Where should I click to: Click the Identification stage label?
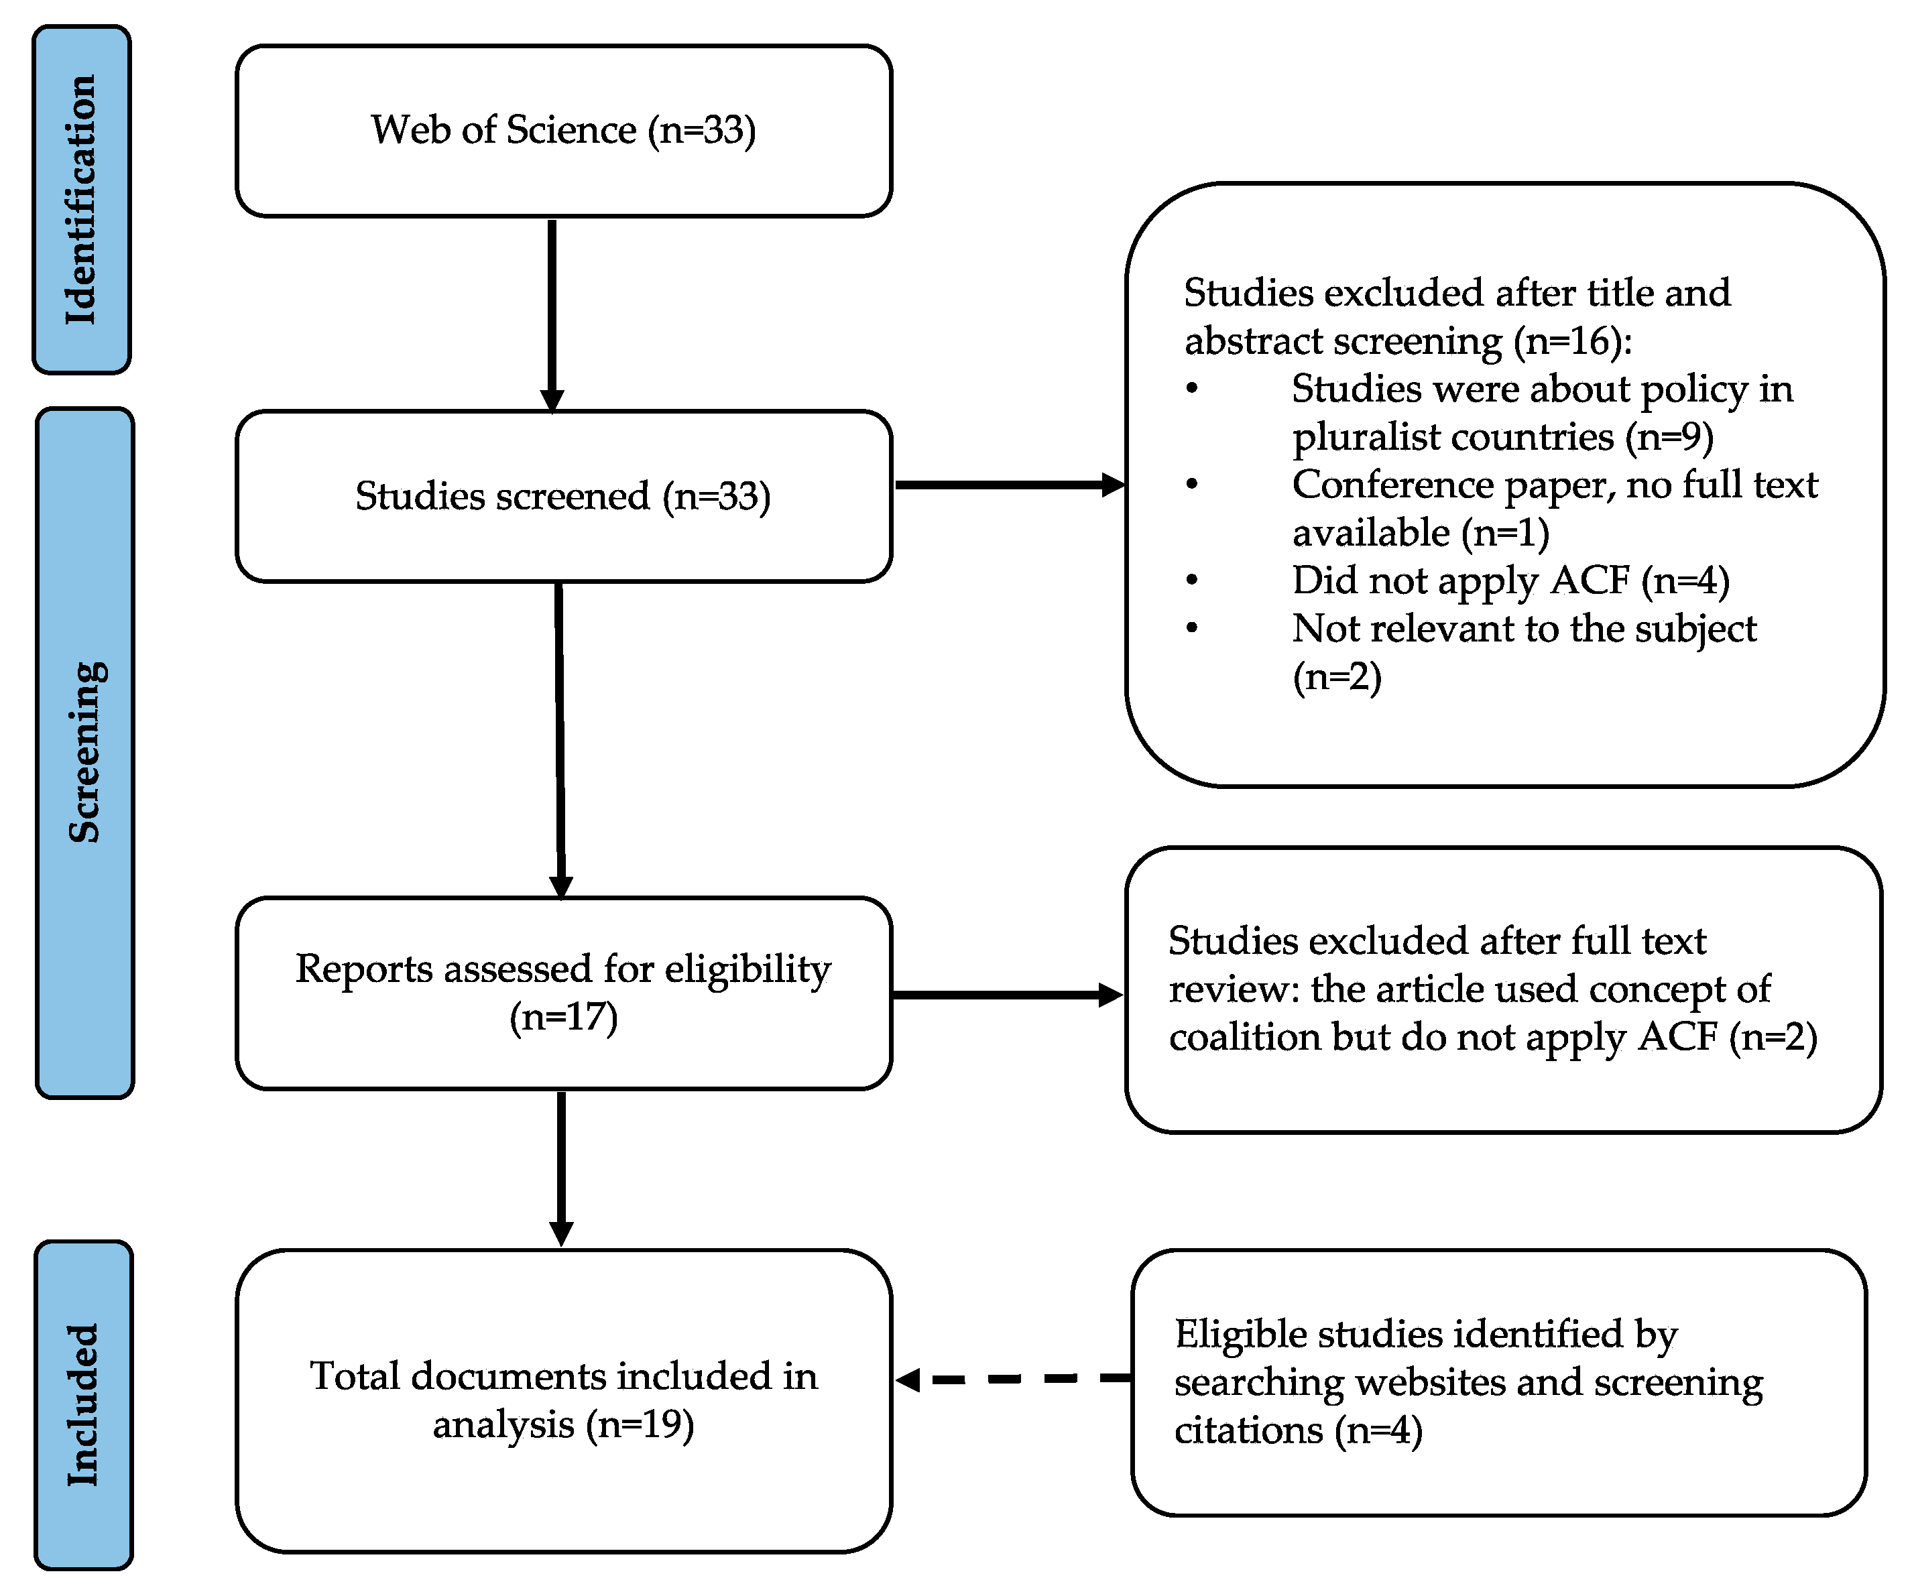point(82,200)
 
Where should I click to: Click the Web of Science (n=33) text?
point(562,130)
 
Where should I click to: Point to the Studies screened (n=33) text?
point(562,497)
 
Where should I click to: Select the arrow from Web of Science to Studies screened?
point(552,314)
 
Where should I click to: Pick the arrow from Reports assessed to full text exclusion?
point(1006,995)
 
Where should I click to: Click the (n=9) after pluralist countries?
point(1669,437)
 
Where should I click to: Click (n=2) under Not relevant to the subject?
point(1337,676)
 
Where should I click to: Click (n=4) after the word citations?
point(1378,1430)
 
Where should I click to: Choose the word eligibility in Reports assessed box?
point(747,969)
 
